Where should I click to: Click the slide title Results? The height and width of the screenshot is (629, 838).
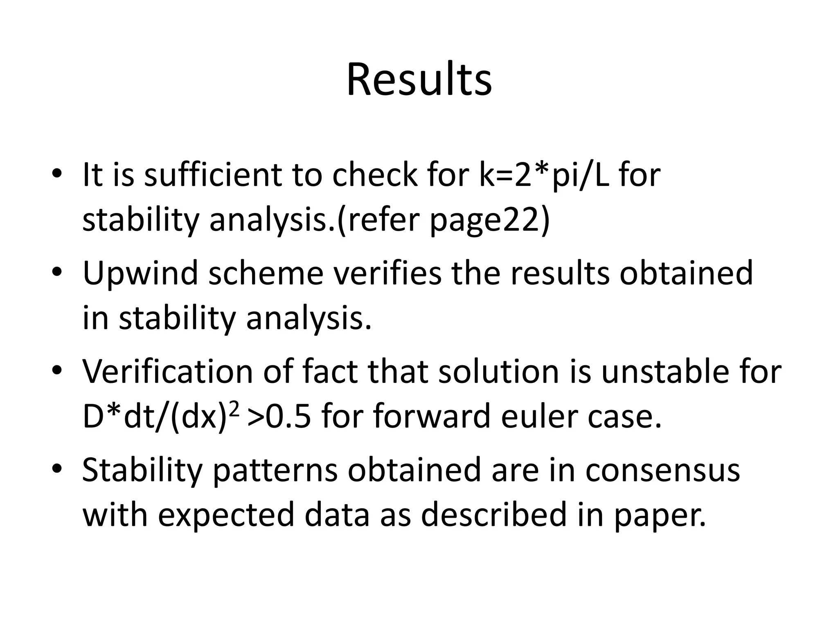[x=419, y=80]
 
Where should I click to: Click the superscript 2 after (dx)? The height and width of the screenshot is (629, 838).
[x=233, y=410]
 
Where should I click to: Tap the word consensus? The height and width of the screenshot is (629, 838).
[x=662, y=470]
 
